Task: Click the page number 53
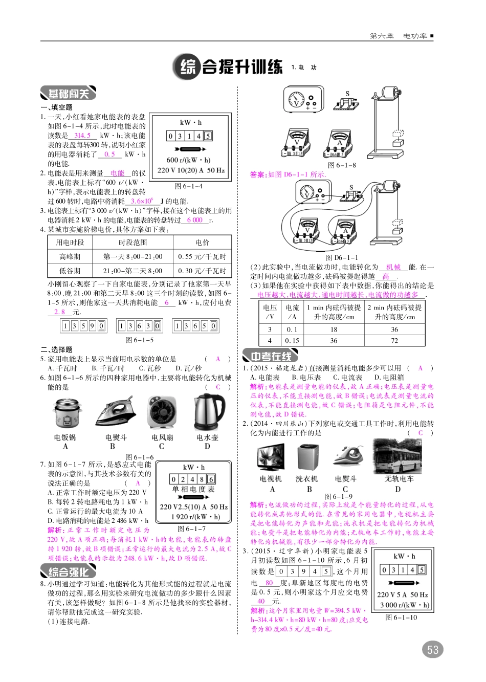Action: tap(433, 650)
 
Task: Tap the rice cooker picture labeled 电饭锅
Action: tap(65, 413)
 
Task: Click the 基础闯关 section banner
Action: tap(68, 94)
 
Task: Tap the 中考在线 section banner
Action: tap(270, 356)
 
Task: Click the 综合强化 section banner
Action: tap(68, 571)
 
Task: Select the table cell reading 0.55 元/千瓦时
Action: tap(202, 257)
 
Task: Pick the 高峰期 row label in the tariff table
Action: tap(70, 257)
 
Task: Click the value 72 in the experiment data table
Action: tap(394, 340)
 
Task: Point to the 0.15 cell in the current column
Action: tap(292, 340)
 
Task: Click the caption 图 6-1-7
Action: tap(191, 529)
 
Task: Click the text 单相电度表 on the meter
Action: tap(193, 490)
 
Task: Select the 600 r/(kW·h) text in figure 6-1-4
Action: tap(188, 160)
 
